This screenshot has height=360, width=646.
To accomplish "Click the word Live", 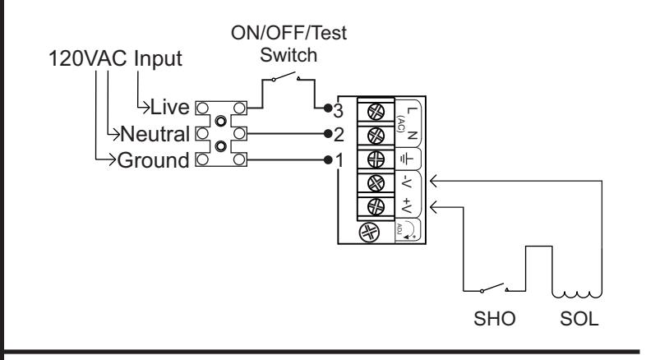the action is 170,107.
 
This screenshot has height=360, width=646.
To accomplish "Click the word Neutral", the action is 155,134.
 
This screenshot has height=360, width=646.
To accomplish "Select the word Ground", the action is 153,160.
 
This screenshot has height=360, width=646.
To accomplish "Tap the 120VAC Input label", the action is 115,58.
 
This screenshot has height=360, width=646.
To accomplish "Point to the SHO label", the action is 495,319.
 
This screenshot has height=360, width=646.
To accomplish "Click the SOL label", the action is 579,319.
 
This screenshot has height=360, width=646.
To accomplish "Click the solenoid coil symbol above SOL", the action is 577,294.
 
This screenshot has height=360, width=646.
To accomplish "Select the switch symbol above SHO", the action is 494,288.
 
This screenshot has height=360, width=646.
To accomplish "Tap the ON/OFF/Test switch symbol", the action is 285,76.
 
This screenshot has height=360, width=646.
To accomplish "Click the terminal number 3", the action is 339,110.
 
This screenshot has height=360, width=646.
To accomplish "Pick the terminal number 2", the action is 339,135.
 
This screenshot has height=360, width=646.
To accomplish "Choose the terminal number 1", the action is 339,160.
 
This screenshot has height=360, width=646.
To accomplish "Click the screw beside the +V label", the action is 376,207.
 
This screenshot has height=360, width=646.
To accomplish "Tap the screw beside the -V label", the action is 376,183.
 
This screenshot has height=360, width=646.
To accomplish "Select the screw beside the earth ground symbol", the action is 376,159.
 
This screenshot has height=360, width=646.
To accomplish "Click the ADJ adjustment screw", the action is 369,233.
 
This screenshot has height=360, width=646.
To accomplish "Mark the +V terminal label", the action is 407,205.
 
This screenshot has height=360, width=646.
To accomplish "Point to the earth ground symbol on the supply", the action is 407,159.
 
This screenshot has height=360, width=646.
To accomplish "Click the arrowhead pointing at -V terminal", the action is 433,181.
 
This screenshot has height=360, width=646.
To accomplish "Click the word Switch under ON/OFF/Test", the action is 288,55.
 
